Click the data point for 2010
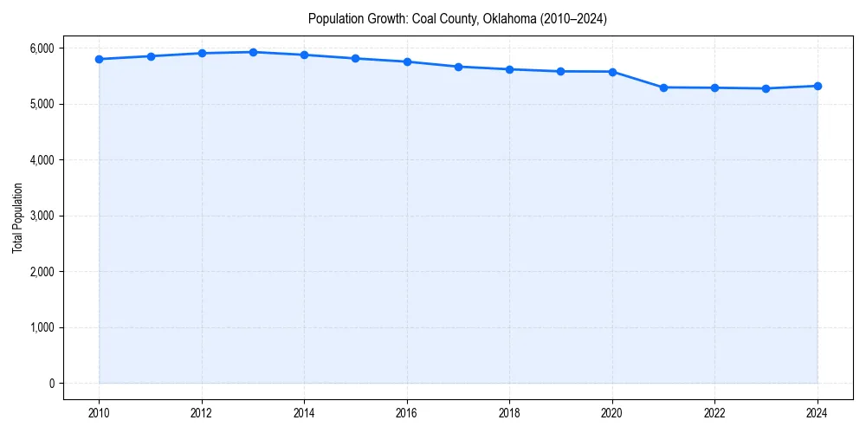[100, 59]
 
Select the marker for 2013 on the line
[253, 52]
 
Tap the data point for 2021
[663, 87]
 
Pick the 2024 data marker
[818, 86]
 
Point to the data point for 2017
[458, 67]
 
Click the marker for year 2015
[356, 58]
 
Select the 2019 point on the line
[561, 71]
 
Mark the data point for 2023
[766, 88]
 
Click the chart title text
[457, 19]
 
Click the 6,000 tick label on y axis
[41, 48]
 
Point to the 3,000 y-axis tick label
[41, 216]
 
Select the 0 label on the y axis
[50, 384]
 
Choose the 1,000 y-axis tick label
[41, 327]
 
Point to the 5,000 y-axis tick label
[41, 104]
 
